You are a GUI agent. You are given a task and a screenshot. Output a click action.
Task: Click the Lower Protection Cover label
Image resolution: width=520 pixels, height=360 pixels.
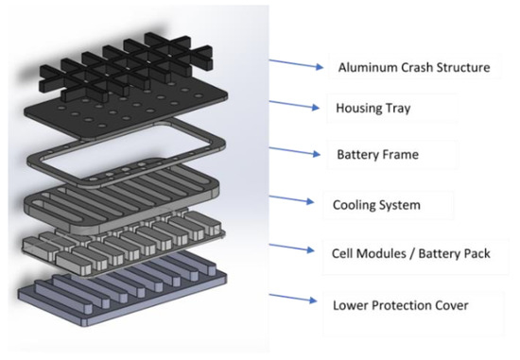402,306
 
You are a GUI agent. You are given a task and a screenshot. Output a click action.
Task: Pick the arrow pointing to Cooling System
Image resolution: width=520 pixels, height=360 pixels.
294,199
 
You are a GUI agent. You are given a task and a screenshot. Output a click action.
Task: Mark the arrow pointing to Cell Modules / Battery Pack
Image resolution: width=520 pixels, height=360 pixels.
294,249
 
